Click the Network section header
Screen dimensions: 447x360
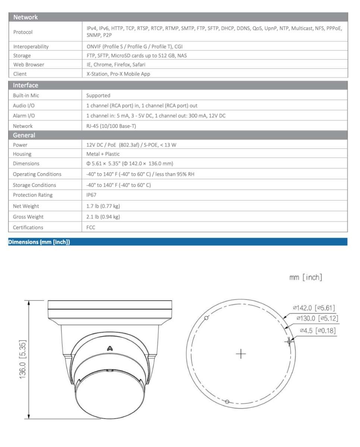click(25, 17)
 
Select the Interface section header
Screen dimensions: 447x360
click(25, 85)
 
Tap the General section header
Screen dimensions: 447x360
click(24, 135)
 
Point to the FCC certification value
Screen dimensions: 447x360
click(91, 227)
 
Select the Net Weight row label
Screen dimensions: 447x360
click(26, 206)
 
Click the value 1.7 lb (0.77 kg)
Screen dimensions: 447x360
click(103, 206)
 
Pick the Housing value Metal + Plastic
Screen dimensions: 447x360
click(103, 154)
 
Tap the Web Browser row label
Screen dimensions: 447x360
click(28, 64)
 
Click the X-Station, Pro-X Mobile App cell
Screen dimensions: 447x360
click(118, 74)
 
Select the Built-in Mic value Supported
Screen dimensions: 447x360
click(98, 95)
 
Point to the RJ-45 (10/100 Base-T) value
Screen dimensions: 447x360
click(111, 126)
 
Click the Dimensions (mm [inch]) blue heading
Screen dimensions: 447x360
click(39, 242)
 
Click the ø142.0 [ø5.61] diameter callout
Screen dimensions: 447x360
click(314, 308)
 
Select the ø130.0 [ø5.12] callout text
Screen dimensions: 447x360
click(317, 318)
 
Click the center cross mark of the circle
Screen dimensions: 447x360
click(241, 354)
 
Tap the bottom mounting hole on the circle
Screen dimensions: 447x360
click(227, 402)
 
